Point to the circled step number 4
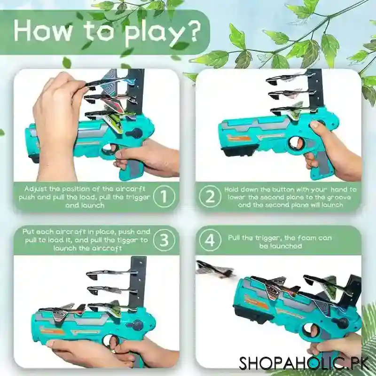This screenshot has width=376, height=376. [210, 240]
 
